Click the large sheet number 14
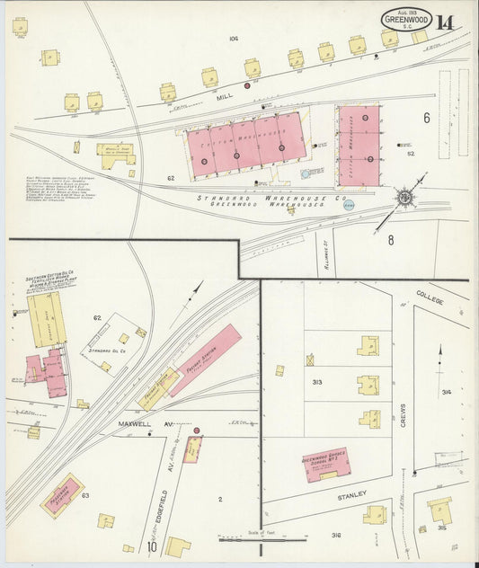[445, 22]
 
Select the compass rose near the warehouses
[406, 196]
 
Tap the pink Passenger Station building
[62, 493]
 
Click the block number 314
[447, 392]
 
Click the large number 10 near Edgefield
[154, 546]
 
